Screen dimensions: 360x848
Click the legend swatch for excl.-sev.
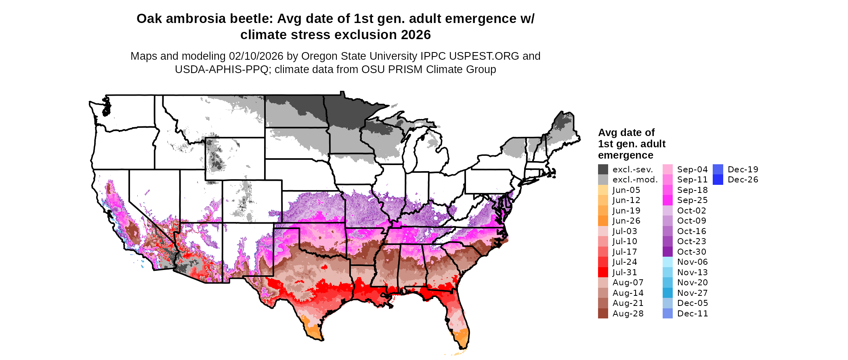[x=603, y=170]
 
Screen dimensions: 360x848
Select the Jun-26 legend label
[x=626, y=221]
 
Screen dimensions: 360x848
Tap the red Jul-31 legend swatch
[x=603, y=272]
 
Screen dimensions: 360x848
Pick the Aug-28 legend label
[x=628, y=314]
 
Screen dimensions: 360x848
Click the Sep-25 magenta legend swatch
[x=667, y=200]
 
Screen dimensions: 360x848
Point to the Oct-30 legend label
[x=692, y=252]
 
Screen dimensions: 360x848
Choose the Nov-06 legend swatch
[x=667, y=262]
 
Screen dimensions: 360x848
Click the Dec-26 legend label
[x=743, y=180]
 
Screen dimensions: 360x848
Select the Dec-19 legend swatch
[x=718, y=170]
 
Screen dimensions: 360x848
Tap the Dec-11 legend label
[x=693, y=314]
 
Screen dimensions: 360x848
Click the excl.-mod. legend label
[x=635, y=180]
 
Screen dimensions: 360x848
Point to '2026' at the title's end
[x=416, y=35]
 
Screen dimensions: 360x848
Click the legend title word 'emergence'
[x=626, y=155]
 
